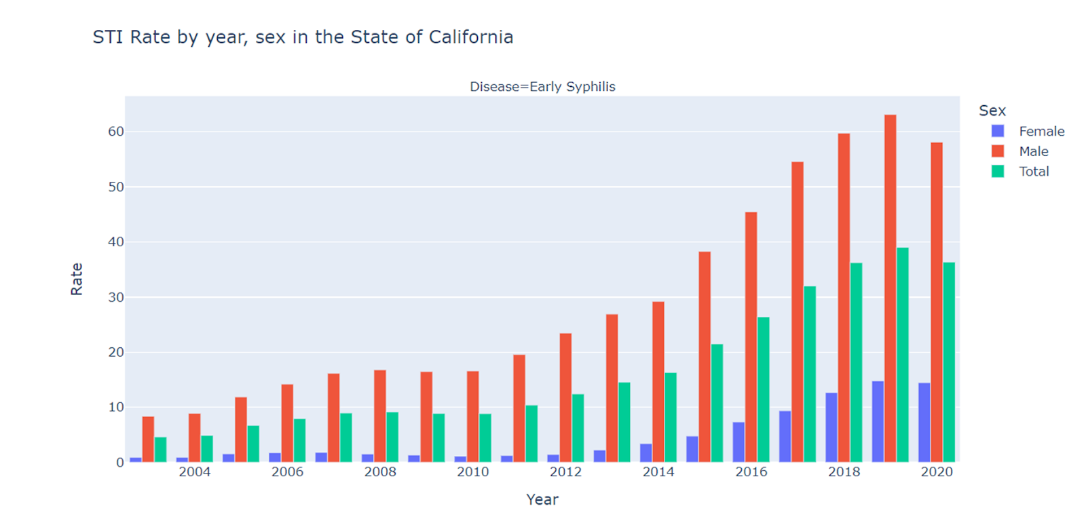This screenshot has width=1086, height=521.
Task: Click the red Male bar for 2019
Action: click(890, 288)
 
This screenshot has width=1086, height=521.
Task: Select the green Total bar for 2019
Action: click(902, 355)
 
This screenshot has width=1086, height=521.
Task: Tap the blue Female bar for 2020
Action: click(924, 423)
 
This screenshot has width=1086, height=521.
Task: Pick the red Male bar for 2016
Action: click(751, 337)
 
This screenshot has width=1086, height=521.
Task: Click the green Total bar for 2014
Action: click(671, 417)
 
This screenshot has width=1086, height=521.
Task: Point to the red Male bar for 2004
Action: click(195, 438)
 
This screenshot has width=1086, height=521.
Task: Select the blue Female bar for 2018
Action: click(831, 427)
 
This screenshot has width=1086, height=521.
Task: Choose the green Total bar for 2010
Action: click(485, 438)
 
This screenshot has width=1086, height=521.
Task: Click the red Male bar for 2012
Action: click(565, 398)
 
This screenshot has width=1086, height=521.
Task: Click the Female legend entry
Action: click(1041, 132)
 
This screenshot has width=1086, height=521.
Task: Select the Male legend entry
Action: click(1033, 151)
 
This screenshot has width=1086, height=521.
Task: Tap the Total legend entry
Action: click(1033, 172)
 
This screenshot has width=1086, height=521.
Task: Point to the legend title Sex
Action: click(992, 111)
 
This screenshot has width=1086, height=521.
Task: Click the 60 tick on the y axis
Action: click(116, 132)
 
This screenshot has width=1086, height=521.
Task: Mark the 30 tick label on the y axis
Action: click(116, 297)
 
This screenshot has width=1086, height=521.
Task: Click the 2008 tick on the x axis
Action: click(380, 472)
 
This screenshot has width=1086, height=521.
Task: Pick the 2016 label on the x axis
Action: click(751, 472)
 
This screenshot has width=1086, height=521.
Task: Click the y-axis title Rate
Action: click(77, 279)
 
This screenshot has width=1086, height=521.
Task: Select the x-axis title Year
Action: click(542, 500)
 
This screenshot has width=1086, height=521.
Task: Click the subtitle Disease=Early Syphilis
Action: click(542, 87)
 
